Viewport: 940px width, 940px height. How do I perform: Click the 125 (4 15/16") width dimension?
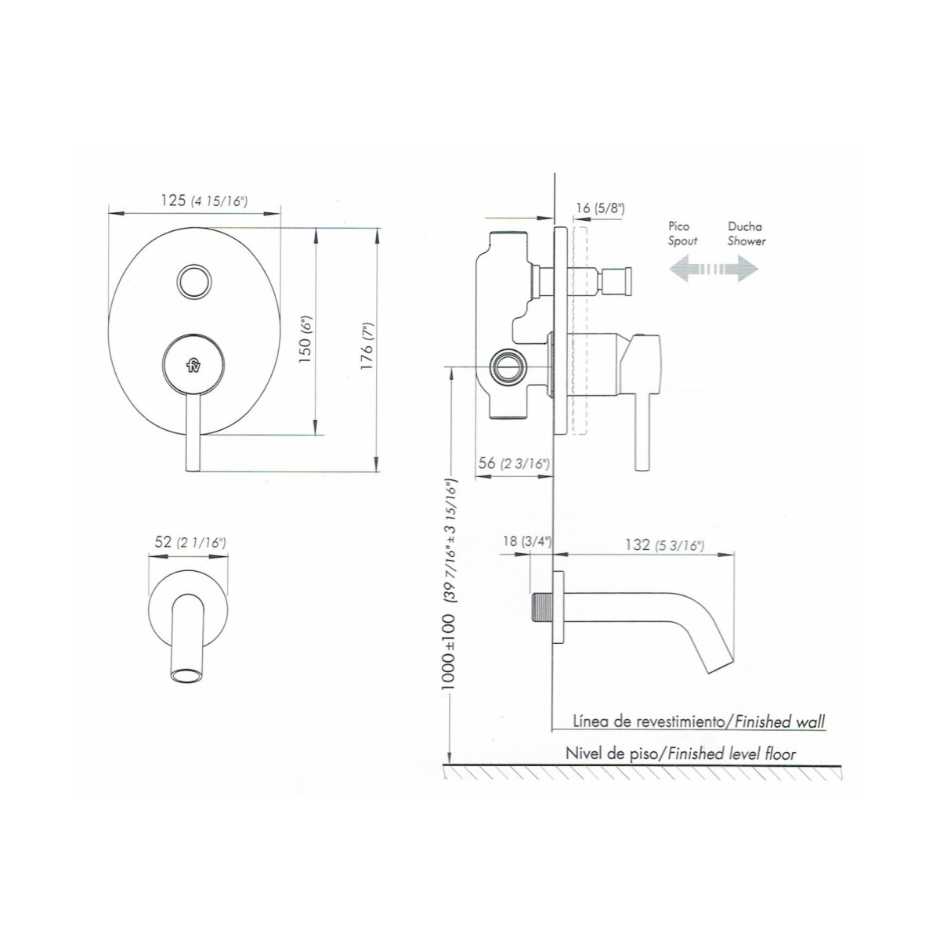204,201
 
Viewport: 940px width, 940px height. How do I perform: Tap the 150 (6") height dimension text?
305,339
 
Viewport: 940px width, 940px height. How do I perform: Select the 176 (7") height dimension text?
367,346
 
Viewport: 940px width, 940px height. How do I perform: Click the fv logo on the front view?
193,364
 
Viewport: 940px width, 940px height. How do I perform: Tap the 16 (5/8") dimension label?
600,208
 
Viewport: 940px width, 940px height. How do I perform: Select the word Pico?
679,226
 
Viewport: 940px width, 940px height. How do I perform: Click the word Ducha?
745,226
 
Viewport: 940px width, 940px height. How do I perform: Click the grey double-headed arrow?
714,269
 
